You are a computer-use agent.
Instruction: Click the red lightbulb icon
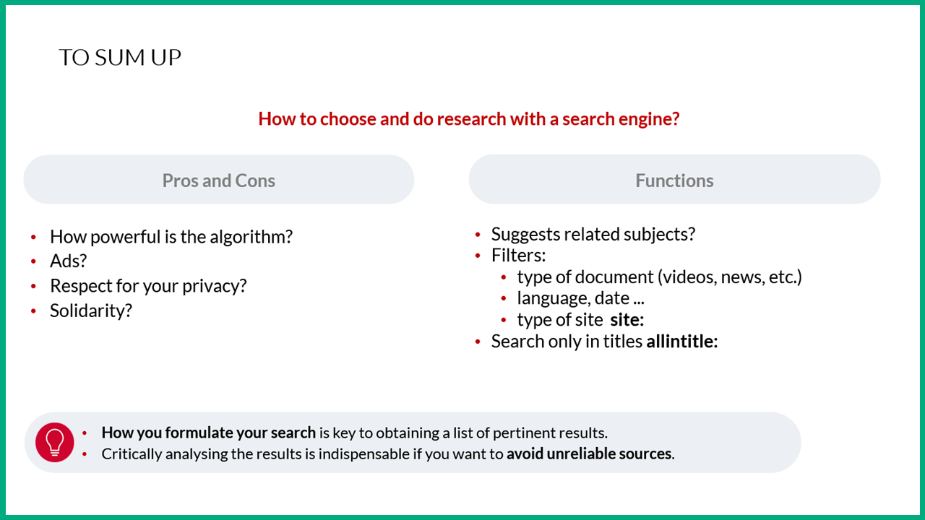54,442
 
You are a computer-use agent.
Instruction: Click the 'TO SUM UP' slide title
120,57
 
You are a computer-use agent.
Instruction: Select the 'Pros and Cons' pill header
219,180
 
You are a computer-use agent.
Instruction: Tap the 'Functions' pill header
674,179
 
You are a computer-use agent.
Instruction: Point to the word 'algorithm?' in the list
251,236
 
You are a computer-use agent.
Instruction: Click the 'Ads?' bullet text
69,261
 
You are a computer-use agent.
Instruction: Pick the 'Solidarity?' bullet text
91,311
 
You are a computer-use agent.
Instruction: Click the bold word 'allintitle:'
682,342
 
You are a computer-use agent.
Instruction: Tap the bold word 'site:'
627,320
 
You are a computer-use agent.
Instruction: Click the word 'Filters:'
518,256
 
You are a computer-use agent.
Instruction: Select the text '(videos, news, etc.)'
730,277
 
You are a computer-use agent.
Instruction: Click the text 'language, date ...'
580,298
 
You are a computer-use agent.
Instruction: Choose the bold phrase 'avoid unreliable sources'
589,454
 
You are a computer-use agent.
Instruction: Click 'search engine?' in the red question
621,119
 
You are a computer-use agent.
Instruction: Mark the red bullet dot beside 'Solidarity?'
33,311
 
